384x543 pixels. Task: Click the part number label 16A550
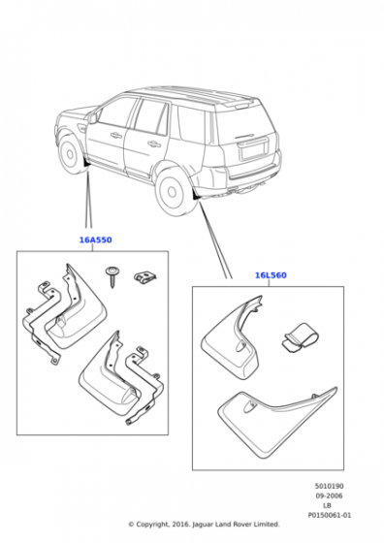[96, 240]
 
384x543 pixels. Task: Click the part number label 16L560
[271, 275]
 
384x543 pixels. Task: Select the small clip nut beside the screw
[144, 277]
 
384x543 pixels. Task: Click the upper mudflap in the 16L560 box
[232, 337]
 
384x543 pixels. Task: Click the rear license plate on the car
[253, 150]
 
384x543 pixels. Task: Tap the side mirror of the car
[92, 117]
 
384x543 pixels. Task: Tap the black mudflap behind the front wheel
[86, 163]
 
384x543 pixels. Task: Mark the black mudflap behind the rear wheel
[197, 196]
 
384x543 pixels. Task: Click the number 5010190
[330, 486]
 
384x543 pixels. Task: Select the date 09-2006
[329, 495]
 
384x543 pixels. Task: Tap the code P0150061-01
[330, 515]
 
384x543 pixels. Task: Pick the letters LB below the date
[327, 505]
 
